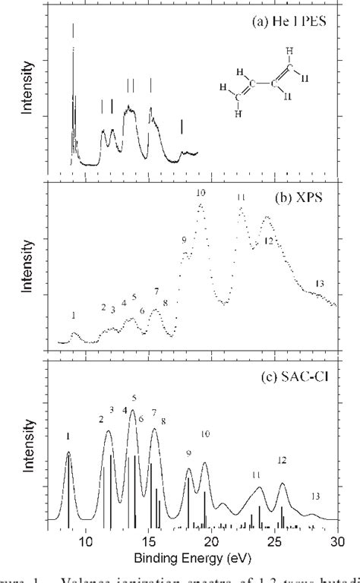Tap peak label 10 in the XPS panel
click(201, 193)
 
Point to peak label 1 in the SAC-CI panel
click(68, 436)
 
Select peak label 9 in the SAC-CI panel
click(188, 453)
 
